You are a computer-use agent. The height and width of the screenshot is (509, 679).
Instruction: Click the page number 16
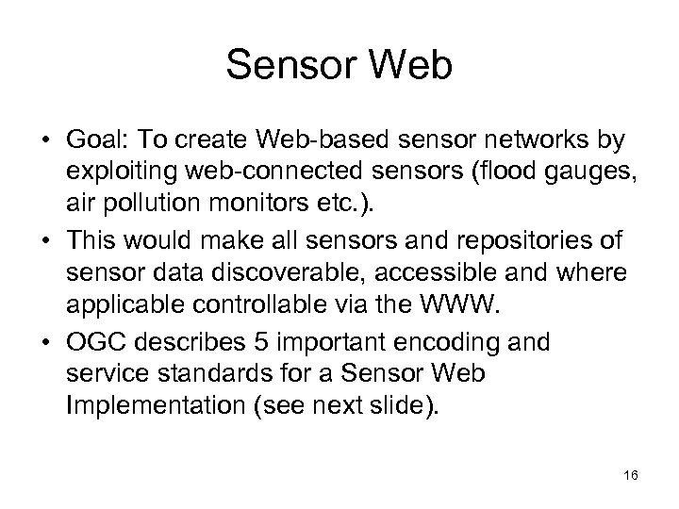[x=630, y=477]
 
